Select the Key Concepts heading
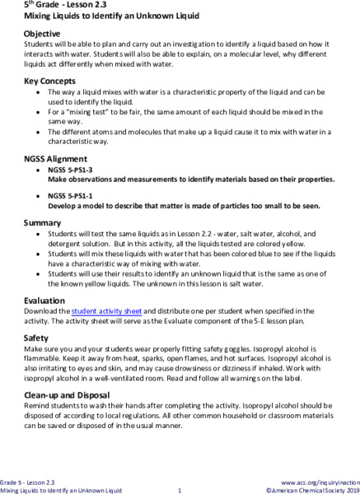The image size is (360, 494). coord(49,81)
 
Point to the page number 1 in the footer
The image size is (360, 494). coord(179,490)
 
